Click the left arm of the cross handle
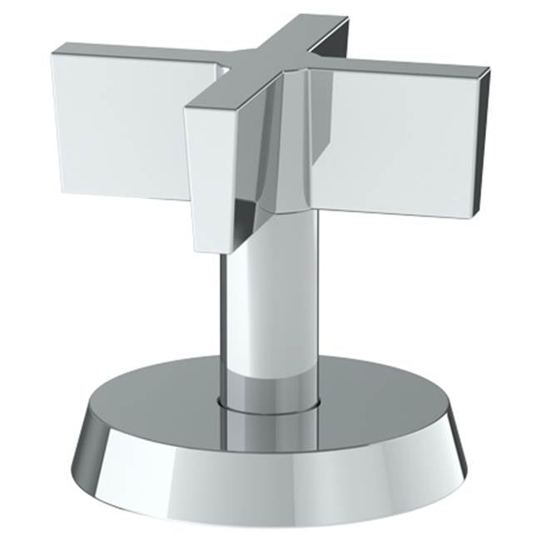117,125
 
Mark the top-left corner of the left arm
53,53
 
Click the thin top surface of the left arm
133,52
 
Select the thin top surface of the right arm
400,67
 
